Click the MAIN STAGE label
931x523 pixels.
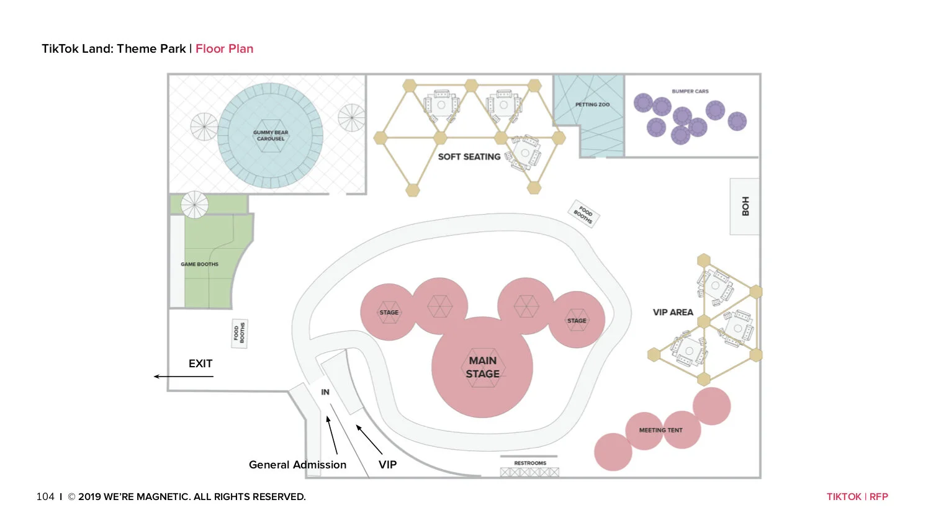(482, 367)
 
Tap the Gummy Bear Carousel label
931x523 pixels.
(271, 135)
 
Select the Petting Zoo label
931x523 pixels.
(592, 105)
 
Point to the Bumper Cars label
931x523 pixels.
(690, 91)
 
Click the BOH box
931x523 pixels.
(744, 207)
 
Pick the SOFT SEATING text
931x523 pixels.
(469, 156)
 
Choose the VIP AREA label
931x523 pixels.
(673, 313)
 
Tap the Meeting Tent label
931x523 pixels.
(661, 431)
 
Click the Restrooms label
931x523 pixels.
(530, 463)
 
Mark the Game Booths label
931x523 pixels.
(199, 264)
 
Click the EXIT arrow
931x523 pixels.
(184, 377)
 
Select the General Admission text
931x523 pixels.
(297, 465)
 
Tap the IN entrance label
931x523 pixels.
(325, 391)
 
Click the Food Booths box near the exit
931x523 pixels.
(240, 333)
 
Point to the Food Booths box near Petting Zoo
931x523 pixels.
(583, 214)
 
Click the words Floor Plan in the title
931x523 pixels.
(225, 48)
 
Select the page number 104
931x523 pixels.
(45, 497)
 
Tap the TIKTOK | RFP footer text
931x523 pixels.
(857, 497)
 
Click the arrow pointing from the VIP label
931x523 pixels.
(369, 439)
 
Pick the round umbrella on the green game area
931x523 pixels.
(194, 205)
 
